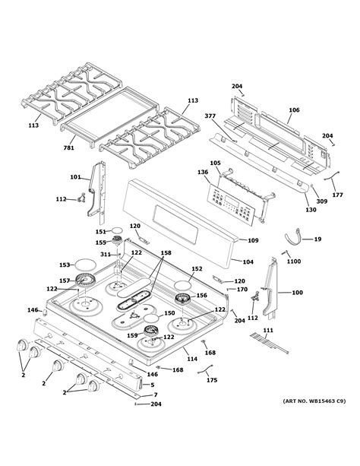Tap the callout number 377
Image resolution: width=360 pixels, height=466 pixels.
click(x=210, y=116)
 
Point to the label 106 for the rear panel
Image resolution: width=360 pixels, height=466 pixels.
click(x=294, y=109)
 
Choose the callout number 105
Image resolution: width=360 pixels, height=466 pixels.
click(x=215, y=163)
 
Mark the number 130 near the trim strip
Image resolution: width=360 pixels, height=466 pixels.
click(x=311, y=210)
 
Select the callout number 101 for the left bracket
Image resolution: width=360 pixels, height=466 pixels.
click(x=75, y=178)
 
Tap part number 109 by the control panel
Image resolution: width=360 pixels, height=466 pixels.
click(x=253, y=241)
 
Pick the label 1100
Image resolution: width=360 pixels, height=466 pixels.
click(x=293, y=262)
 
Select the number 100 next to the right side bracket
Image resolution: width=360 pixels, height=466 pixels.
click(x=297, y=292)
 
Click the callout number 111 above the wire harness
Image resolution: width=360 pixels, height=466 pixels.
click(x=267, y=330)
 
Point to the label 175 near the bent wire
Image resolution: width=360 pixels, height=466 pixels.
click(x=212, y=380)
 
